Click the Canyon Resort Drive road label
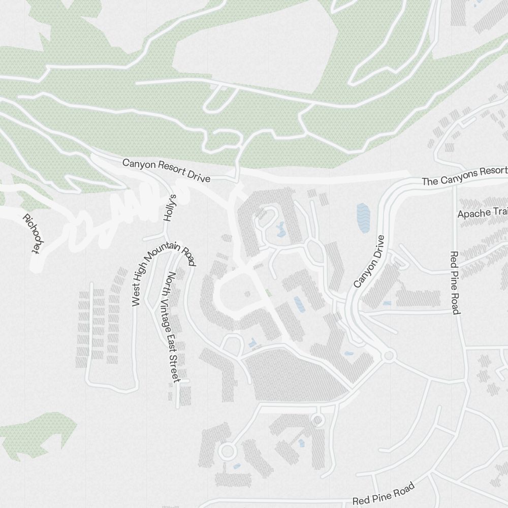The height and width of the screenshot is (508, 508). click(x=166, y=171)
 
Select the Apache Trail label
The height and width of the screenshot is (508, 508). click(x=482, y=213)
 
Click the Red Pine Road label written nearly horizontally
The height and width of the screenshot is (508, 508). click(x=384, y=494)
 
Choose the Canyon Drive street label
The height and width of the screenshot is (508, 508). click(x=369, y=261)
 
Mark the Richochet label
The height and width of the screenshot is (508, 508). click(x=31, y=233)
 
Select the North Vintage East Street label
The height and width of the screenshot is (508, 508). click(x=170, y=328)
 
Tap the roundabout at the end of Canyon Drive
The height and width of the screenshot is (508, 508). click(x=389, y=356)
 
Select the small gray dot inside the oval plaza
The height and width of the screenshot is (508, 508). click(x=247, y=294)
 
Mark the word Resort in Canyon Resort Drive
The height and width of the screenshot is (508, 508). click(x=172, y=172)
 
